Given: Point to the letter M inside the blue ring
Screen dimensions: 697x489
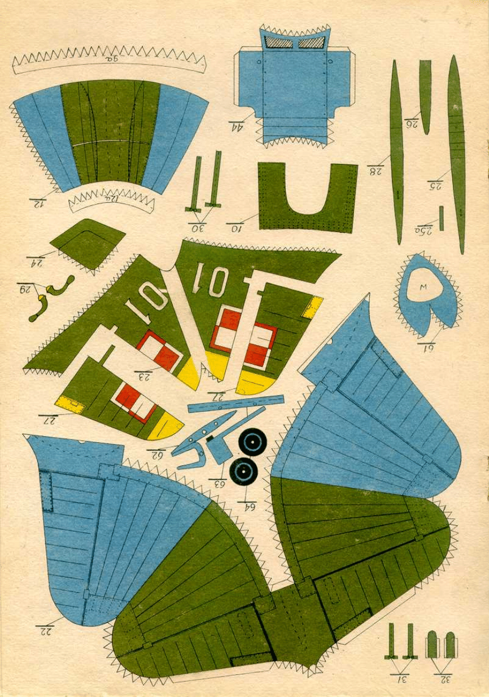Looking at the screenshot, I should (423, 287).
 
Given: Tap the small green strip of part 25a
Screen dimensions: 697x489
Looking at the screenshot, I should (442, 218).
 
